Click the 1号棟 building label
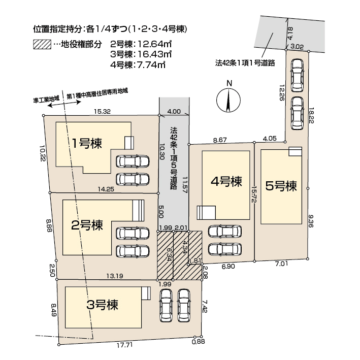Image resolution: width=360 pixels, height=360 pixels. click(x=87, y=144)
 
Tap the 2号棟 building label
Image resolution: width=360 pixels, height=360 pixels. click(x=87, y=225)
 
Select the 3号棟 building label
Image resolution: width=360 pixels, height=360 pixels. click(x=102, y=305)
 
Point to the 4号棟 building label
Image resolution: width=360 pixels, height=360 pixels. click(x=226, y=182)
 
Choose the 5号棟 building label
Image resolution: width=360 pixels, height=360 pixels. click(x=281, y=186)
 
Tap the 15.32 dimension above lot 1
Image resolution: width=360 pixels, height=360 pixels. click(x=102, y=111)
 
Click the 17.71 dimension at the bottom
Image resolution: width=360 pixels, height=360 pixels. click(x=125, y=345)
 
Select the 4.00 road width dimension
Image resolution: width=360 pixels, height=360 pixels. click(x=174, y=112)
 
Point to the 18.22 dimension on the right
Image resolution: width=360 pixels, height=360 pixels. click(x=311, y=115)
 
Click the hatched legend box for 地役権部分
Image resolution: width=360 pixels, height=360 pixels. click(x=42, y=44)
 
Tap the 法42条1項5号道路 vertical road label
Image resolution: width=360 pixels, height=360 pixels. click(x=174, y=158)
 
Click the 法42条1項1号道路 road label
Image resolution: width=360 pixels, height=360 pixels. click(x=245, y=62)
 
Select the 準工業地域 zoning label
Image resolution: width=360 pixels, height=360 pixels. click(x=46, y=99)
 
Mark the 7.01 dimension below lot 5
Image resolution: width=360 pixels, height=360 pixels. click(x=281, y=264)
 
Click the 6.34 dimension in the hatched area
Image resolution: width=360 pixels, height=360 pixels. click(x=169, y=254)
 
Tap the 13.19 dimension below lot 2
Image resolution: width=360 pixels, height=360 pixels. click(x=115, y=276)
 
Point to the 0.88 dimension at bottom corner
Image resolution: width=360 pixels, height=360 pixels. click(x=198, y=341)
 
